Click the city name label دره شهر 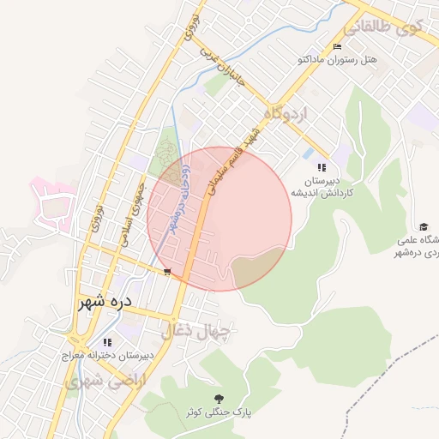[x=103, y=302]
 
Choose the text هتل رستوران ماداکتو [x=336, y=60]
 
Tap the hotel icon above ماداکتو [x=336, y=46]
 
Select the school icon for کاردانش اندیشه [x=322, y=167]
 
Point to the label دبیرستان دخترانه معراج [x=107, y=354]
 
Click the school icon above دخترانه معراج [x=107, y=341]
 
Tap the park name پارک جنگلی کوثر [x=220, y=412]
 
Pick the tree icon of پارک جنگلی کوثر [x=220, y=398]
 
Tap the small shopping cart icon [x=167, y=272]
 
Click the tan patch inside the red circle [x=258, y=266]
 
